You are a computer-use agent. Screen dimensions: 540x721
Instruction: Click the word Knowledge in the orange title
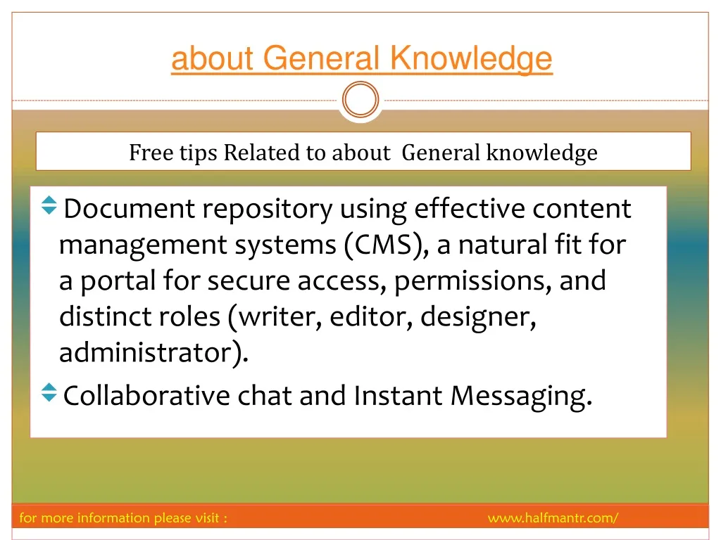click(471, 59)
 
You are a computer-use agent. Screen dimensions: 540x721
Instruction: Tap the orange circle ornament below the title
click(360, 100)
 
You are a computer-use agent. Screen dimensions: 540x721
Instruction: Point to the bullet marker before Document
click(49, 205)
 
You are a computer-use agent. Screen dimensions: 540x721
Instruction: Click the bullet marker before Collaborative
click(49, 392)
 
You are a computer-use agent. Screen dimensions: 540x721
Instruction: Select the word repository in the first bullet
click(267, 210)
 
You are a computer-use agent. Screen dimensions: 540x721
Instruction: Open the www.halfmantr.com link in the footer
click(553, 518)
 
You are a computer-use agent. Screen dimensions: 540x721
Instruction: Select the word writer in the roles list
click(280, 317)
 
